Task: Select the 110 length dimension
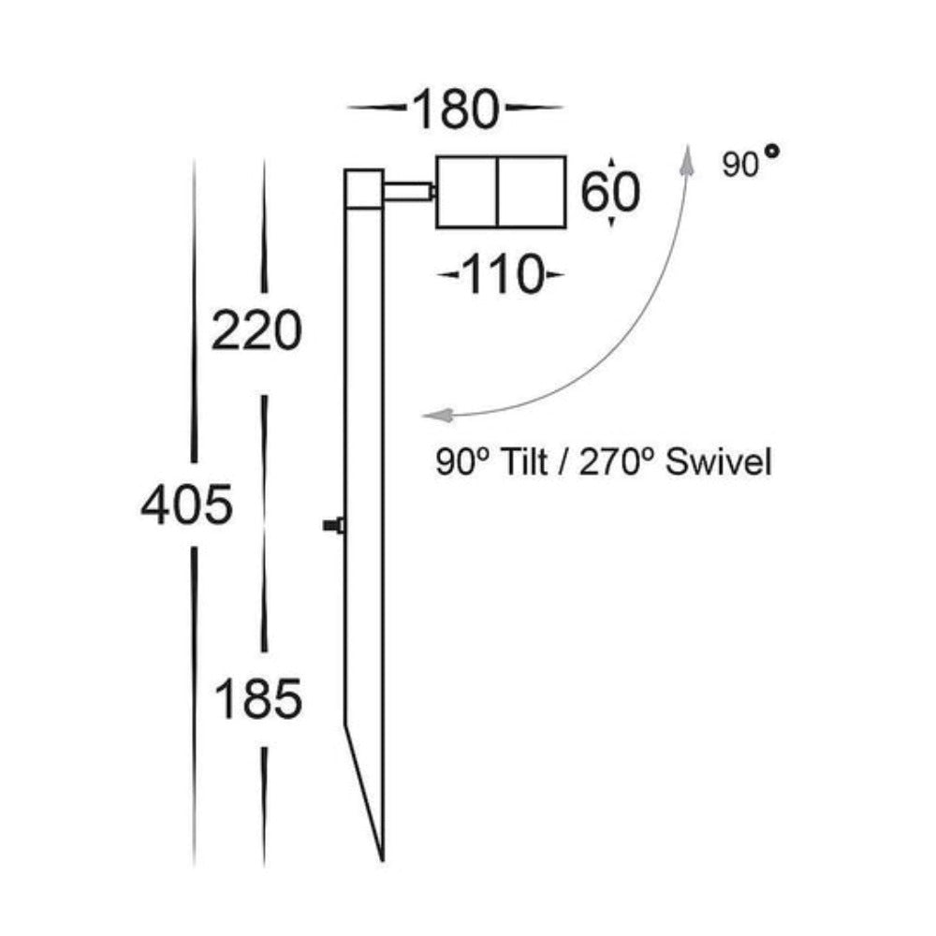click(x=503, y=276)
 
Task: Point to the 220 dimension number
click(x=256, y=331)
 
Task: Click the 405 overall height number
click(x=185, y=506)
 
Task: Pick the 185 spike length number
click(x=258, y=698)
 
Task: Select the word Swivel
click(x=720, y=461)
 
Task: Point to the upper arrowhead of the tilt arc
click(x=689, y=159)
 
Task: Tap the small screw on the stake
click(x=333, y=526)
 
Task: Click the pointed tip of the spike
click(x=382, y=856)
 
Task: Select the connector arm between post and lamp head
click(x=407, y=193)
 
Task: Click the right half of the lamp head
click(x=532, y=191)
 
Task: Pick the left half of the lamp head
click(x=467, y=191)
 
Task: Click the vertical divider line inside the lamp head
click(x=498, y=191)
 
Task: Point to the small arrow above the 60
click(x=611, y=163)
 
